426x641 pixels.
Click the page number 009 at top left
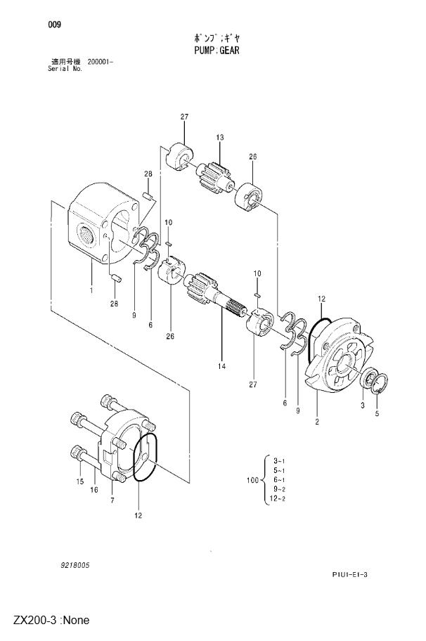pyautogui.click(x=54, y=25)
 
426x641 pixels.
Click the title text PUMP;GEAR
pyautogui.click(x=217, y=51)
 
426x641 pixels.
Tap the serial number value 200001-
pyautogui.click(x=100, y=62)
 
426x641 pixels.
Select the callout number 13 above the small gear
pyautogui.click(x=220, y=137)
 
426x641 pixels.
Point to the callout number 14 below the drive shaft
pyautogui.click(x=221, y=366)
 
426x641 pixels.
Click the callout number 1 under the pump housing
pyautogui.click(x=91, y=290)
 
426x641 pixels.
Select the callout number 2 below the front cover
pyautogui.click(x=317, y=422)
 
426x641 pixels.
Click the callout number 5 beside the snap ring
pyautogui.click(x=377, y=413)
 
